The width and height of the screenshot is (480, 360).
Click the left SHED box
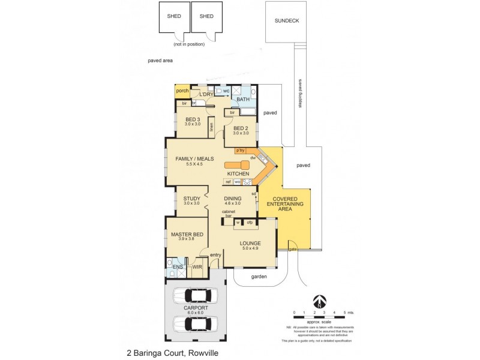173,17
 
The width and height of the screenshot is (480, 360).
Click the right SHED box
206,17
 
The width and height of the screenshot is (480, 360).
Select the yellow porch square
182,92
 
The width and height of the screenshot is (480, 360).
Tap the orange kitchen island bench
236,164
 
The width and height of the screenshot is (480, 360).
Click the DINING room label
232,199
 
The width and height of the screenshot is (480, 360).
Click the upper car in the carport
195,296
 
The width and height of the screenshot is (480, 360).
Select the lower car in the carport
195,324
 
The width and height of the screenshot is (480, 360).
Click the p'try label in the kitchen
241,150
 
